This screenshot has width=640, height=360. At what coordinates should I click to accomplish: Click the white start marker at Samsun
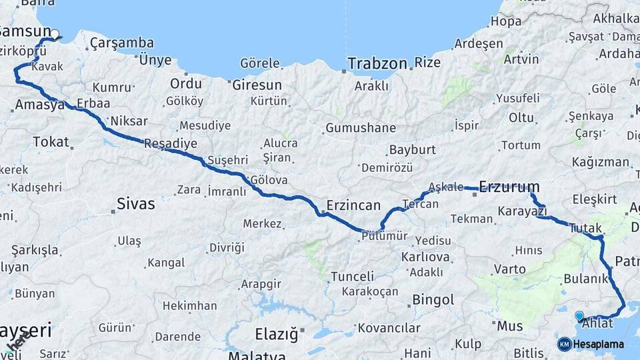point(55,34)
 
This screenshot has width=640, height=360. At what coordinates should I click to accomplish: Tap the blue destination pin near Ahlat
point(579,315)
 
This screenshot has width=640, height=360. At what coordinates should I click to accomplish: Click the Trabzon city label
point(377,64)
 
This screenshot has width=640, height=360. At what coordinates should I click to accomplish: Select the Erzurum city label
point(509,187)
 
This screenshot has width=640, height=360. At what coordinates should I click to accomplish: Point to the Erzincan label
point(353,205)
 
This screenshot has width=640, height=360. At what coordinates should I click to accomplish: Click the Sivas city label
point(135,204)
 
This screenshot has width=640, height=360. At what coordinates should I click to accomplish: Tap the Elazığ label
point(276,334)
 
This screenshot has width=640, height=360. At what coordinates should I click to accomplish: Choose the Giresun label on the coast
point(257,85)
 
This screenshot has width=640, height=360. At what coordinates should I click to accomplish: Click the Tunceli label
point(352,276)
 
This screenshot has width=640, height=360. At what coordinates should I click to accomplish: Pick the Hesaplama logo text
point(599,344)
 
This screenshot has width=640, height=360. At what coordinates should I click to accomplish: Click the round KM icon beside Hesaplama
point(564,344)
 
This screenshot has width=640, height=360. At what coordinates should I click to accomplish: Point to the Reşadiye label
point(171,143)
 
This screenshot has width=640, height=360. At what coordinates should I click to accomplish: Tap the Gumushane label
point(360,128)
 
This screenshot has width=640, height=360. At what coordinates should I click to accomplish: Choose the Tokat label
point(51,141)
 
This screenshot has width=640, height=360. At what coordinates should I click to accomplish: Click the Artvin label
point(521,59)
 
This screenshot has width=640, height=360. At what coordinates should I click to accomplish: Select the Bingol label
point(433,300)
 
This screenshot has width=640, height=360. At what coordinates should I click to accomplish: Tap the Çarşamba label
point(121,43)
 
